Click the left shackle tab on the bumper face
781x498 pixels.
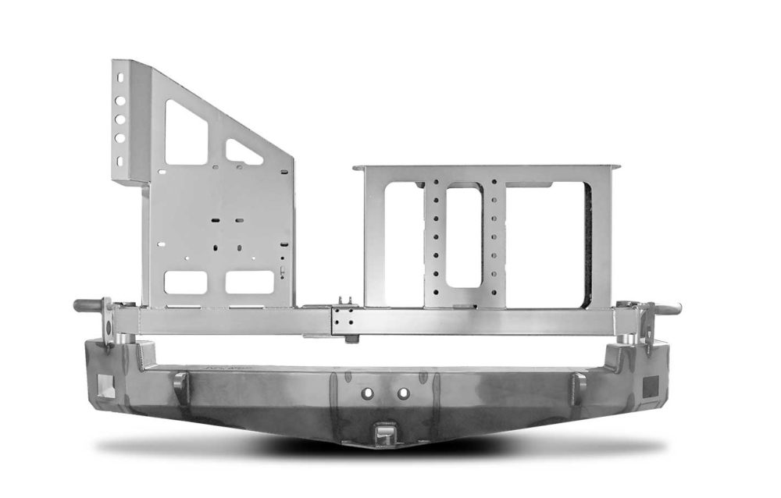180,382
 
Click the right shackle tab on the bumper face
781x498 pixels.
580,382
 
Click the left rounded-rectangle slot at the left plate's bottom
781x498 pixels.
186,282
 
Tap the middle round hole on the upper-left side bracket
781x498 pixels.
120,121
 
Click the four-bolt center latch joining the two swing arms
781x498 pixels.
341,321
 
